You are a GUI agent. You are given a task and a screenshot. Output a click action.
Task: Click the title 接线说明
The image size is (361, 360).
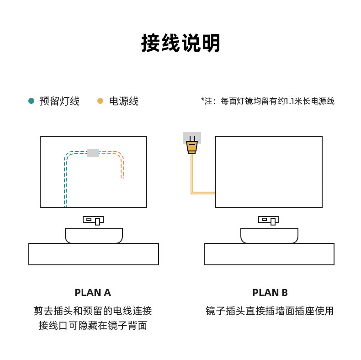(x=180, y=43)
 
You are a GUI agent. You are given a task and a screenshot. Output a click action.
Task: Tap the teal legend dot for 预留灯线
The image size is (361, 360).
(x=32, y=101)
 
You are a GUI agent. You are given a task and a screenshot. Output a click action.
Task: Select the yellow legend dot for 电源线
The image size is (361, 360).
(x=100, y=101)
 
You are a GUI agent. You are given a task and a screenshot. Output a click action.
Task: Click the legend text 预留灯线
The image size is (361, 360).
(x=59, y=101)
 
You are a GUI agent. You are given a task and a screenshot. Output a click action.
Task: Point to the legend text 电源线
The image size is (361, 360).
(x=124, y=101)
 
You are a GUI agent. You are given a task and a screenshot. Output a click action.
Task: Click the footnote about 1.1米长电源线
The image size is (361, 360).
(x=268, y=101)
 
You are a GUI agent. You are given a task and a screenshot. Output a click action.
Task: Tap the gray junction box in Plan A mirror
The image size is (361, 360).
(x=93, y=153)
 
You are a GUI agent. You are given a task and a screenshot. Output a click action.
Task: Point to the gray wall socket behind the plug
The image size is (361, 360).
(x=192, y=138)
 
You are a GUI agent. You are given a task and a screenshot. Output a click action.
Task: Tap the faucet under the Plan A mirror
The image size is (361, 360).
(x=93, y=220)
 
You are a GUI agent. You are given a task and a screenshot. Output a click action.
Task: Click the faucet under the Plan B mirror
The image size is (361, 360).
(x=269, y=220)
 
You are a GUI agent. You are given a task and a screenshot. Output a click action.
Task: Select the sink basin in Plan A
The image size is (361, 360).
(x=94, y=236)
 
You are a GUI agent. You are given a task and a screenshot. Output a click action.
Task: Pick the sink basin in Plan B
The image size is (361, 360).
(x=269, y=236)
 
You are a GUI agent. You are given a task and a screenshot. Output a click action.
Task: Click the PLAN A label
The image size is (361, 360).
(x=93, y=293)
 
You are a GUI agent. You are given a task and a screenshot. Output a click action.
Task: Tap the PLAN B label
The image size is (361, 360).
(x=270, y=293)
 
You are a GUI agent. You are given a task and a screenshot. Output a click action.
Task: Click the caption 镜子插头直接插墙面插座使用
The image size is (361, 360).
(x=270, y=311)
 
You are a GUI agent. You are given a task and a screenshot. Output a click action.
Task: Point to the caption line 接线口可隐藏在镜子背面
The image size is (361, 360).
(x=93, y=326)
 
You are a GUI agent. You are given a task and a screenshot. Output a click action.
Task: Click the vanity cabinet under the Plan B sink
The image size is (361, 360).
(x=269, y=254)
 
